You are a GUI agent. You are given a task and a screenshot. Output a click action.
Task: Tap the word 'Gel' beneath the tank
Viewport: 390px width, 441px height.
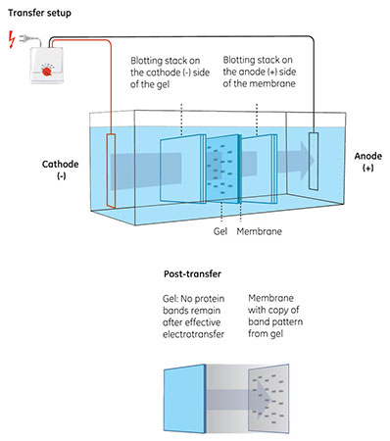click(x=220, y=234)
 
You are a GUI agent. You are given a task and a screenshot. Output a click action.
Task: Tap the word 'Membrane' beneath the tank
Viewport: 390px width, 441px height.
click(x=263, y=234)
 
